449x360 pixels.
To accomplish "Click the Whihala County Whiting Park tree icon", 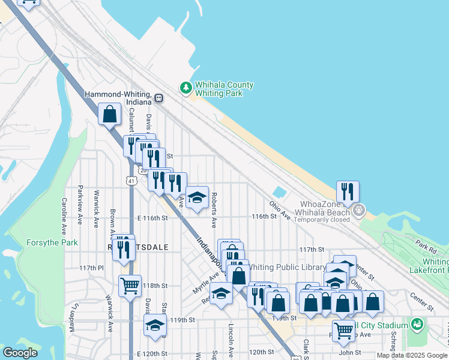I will [x=186, y=88].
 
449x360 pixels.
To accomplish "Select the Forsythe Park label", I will [x=52, y=243].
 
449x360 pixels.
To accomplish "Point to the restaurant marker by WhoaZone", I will [x=348, y=192].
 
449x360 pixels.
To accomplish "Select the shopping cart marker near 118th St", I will [x=130, y=286].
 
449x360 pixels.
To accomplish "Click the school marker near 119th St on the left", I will [x=155, y=326].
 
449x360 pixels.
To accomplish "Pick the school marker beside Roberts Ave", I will [x=196, y=197].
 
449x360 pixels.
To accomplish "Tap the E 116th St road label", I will [x=152, y=218].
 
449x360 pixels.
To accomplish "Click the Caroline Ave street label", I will [x=63, y=216].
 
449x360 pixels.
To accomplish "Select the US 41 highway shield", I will [x=130, y=180].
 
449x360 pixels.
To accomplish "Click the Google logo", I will [x=20, y=353].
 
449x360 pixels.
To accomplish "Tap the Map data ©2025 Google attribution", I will [x=412, y=355].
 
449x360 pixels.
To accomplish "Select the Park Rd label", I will [x=425, y=247].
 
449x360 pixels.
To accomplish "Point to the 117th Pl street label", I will [x=91, y=268].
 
